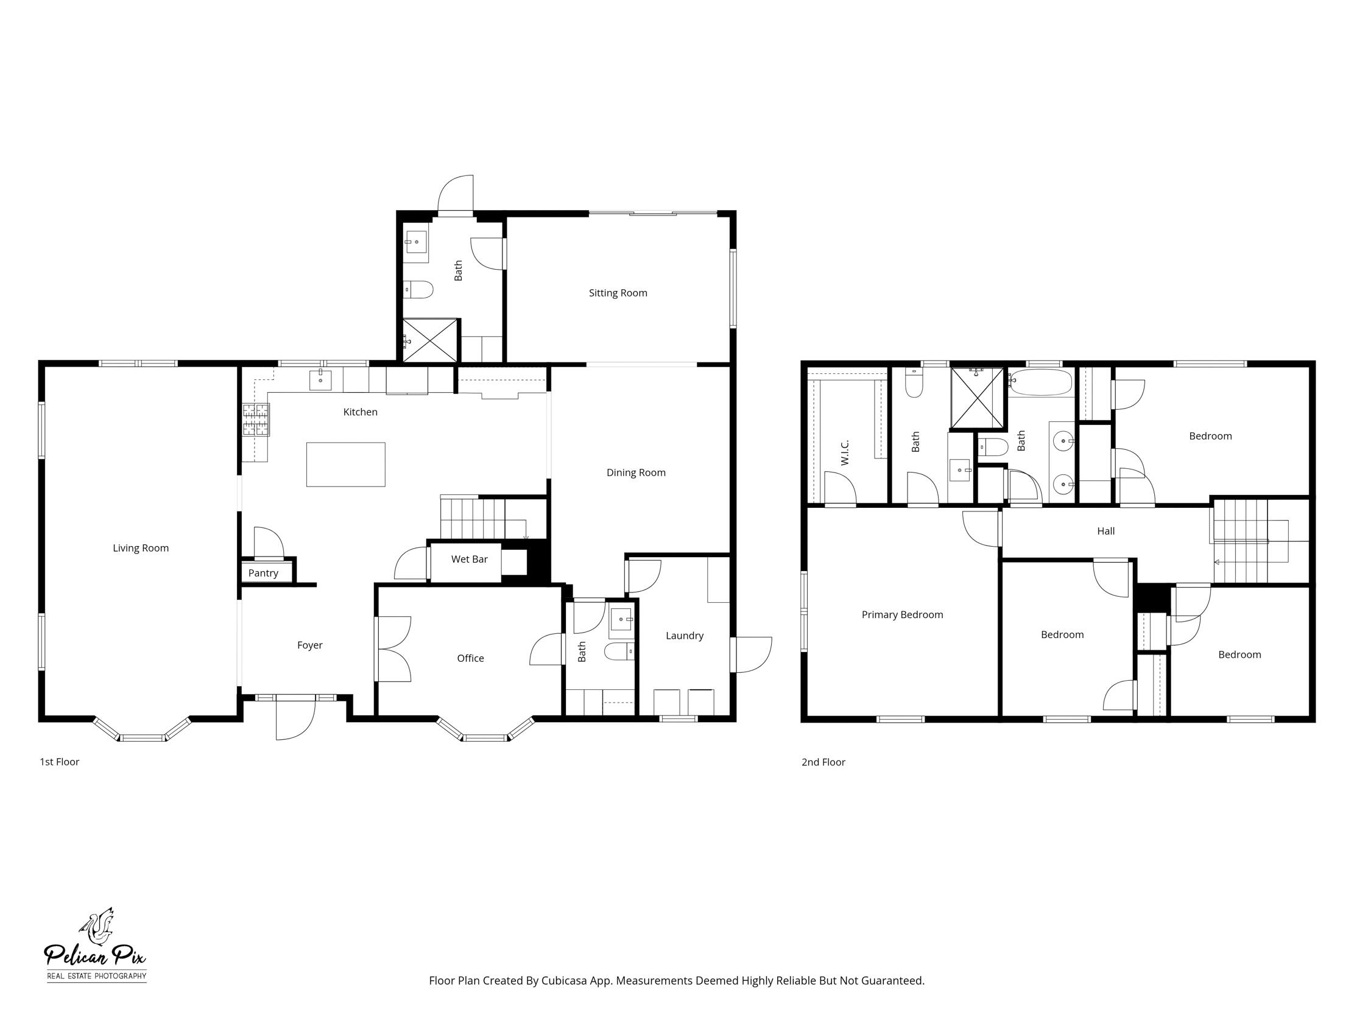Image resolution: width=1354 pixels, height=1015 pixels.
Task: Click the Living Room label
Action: click(140, 548)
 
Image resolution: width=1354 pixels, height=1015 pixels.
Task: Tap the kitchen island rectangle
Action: click(345, 465)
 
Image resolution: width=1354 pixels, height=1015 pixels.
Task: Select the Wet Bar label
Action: click(469, 559)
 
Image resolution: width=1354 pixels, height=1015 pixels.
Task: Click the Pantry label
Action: click(263, 574)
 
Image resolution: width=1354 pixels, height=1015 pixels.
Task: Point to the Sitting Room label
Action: click(618, 293)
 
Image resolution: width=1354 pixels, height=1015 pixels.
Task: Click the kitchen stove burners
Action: click(256, 420)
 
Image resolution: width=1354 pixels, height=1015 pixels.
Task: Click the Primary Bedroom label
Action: click(901, 615)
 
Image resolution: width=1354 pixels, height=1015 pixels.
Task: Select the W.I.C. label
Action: click(845, 452)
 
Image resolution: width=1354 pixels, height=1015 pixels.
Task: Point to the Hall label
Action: click(1105, 531)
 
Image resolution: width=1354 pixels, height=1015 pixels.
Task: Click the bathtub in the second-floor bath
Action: click(1040, 382)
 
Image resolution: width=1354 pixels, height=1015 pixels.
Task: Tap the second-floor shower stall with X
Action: click(977, 398)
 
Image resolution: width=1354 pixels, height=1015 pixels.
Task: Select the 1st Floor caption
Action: click(59, 762)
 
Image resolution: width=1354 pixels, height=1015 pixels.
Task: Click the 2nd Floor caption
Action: click(823, 762)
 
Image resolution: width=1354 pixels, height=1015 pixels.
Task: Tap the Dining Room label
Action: click(635, 472)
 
